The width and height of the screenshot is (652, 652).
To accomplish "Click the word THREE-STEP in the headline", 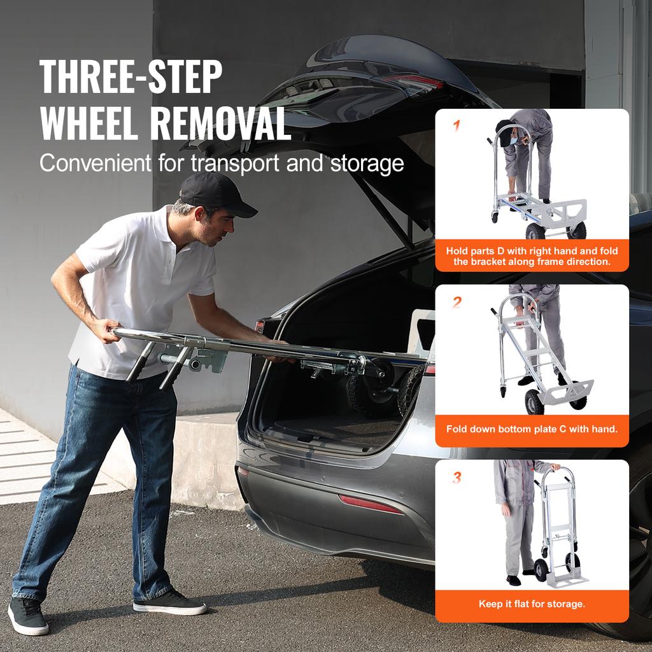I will pyautogui.click(x=131, y=76).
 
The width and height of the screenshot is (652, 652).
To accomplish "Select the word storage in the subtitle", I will pyautogui.click(x=367, y=163).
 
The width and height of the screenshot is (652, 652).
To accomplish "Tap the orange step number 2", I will pyautogui.click(x=456, y=302).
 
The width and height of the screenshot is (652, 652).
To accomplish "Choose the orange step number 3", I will pyautogui.click(x=456, y=477).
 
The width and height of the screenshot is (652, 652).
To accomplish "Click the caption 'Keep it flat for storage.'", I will pyautogui.click(x=532, y=604).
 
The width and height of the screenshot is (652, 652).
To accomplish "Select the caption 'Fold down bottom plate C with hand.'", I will pyautogui.click(x=532, y=429).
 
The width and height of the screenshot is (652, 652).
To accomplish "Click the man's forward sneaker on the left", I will pyautogui.click(x=28, y=616).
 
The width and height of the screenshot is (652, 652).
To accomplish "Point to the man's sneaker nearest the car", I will pyautogui.click(x=169, y=602).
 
